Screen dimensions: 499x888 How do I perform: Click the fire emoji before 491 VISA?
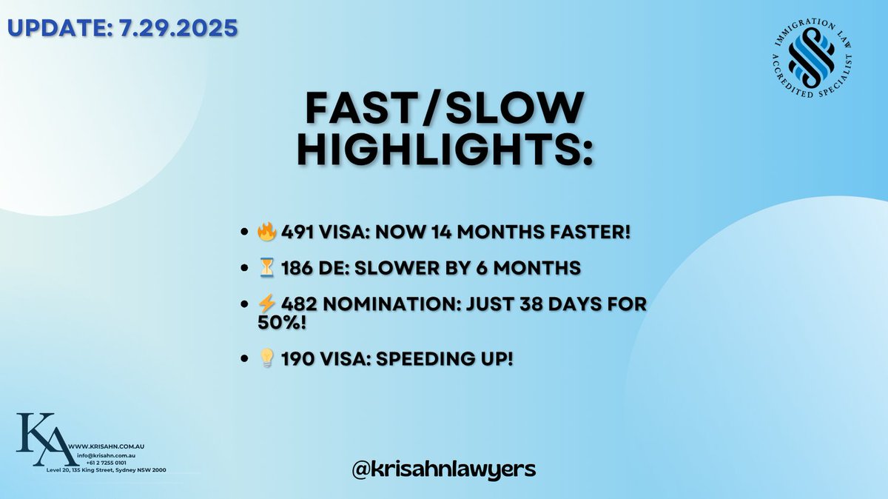click(266, 232)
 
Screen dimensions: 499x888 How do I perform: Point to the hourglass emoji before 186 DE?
click(266, 269)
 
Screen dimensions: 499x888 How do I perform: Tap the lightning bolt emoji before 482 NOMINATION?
click(266, 306)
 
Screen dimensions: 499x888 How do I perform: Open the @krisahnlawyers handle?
click(445, 469)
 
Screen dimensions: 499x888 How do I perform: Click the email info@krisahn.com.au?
click(106, 456)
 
